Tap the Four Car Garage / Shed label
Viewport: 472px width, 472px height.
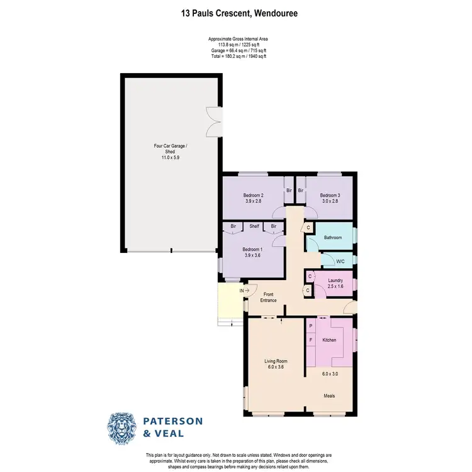coord(167,149)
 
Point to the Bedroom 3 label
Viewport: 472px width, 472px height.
coord(329,196)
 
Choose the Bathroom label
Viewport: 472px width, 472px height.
coord(333,237)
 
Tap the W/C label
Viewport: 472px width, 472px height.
coord(340,261)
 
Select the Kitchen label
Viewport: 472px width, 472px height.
coord(330,340)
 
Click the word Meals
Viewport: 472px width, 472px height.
coord(329,396)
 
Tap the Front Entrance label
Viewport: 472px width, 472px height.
coord(269,296)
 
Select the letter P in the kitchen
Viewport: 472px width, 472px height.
coord(310,326)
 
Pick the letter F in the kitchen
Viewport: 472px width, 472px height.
coord(310,340)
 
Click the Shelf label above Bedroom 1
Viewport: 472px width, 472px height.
coord(254,226)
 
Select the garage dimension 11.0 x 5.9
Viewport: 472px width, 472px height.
coord(167,157)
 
